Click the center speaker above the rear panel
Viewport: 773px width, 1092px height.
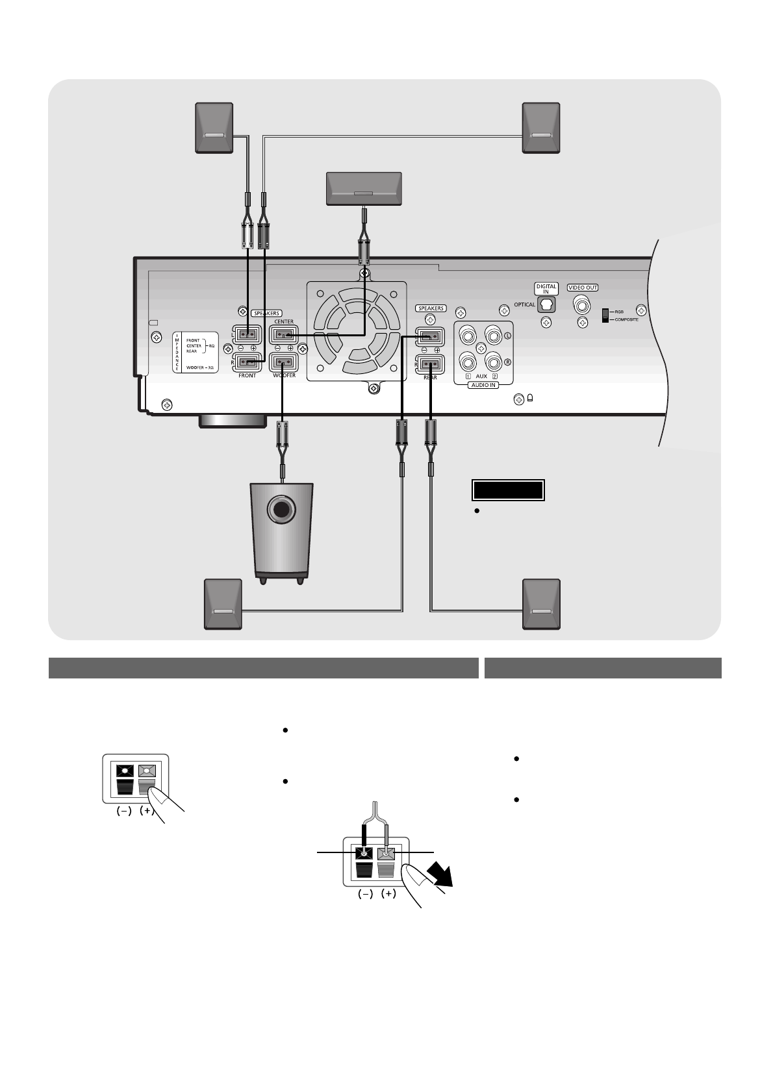[x=363, y=188]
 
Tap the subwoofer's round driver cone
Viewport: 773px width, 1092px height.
[x=281, y=510]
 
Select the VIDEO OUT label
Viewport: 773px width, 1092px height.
[x=583, y=288]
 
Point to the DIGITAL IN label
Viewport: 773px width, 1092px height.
[x=546, y=288]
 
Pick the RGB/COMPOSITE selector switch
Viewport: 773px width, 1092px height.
[x=606, y=316]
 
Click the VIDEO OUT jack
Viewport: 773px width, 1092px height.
[x=582, y=304]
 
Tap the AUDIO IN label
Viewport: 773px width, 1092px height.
[x=483, y=385]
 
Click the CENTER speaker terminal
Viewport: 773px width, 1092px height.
[x=283, y=335]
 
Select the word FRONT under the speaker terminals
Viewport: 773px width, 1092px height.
[x=247, y=376]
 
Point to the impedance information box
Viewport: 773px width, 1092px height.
[x=196, y=352]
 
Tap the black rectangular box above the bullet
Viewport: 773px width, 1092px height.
[x=507, y=490]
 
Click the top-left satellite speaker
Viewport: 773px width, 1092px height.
[x=215, y=128]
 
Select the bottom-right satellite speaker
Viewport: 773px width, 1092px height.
[x=541, y=604]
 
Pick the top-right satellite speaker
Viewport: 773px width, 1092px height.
[x=541, y=128]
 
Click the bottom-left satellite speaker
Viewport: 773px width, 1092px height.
[x=223, y=604]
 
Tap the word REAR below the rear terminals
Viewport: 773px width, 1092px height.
[x=430, y=377]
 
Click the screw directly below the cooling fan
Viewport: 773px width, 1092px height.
[x=374, y=388]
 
